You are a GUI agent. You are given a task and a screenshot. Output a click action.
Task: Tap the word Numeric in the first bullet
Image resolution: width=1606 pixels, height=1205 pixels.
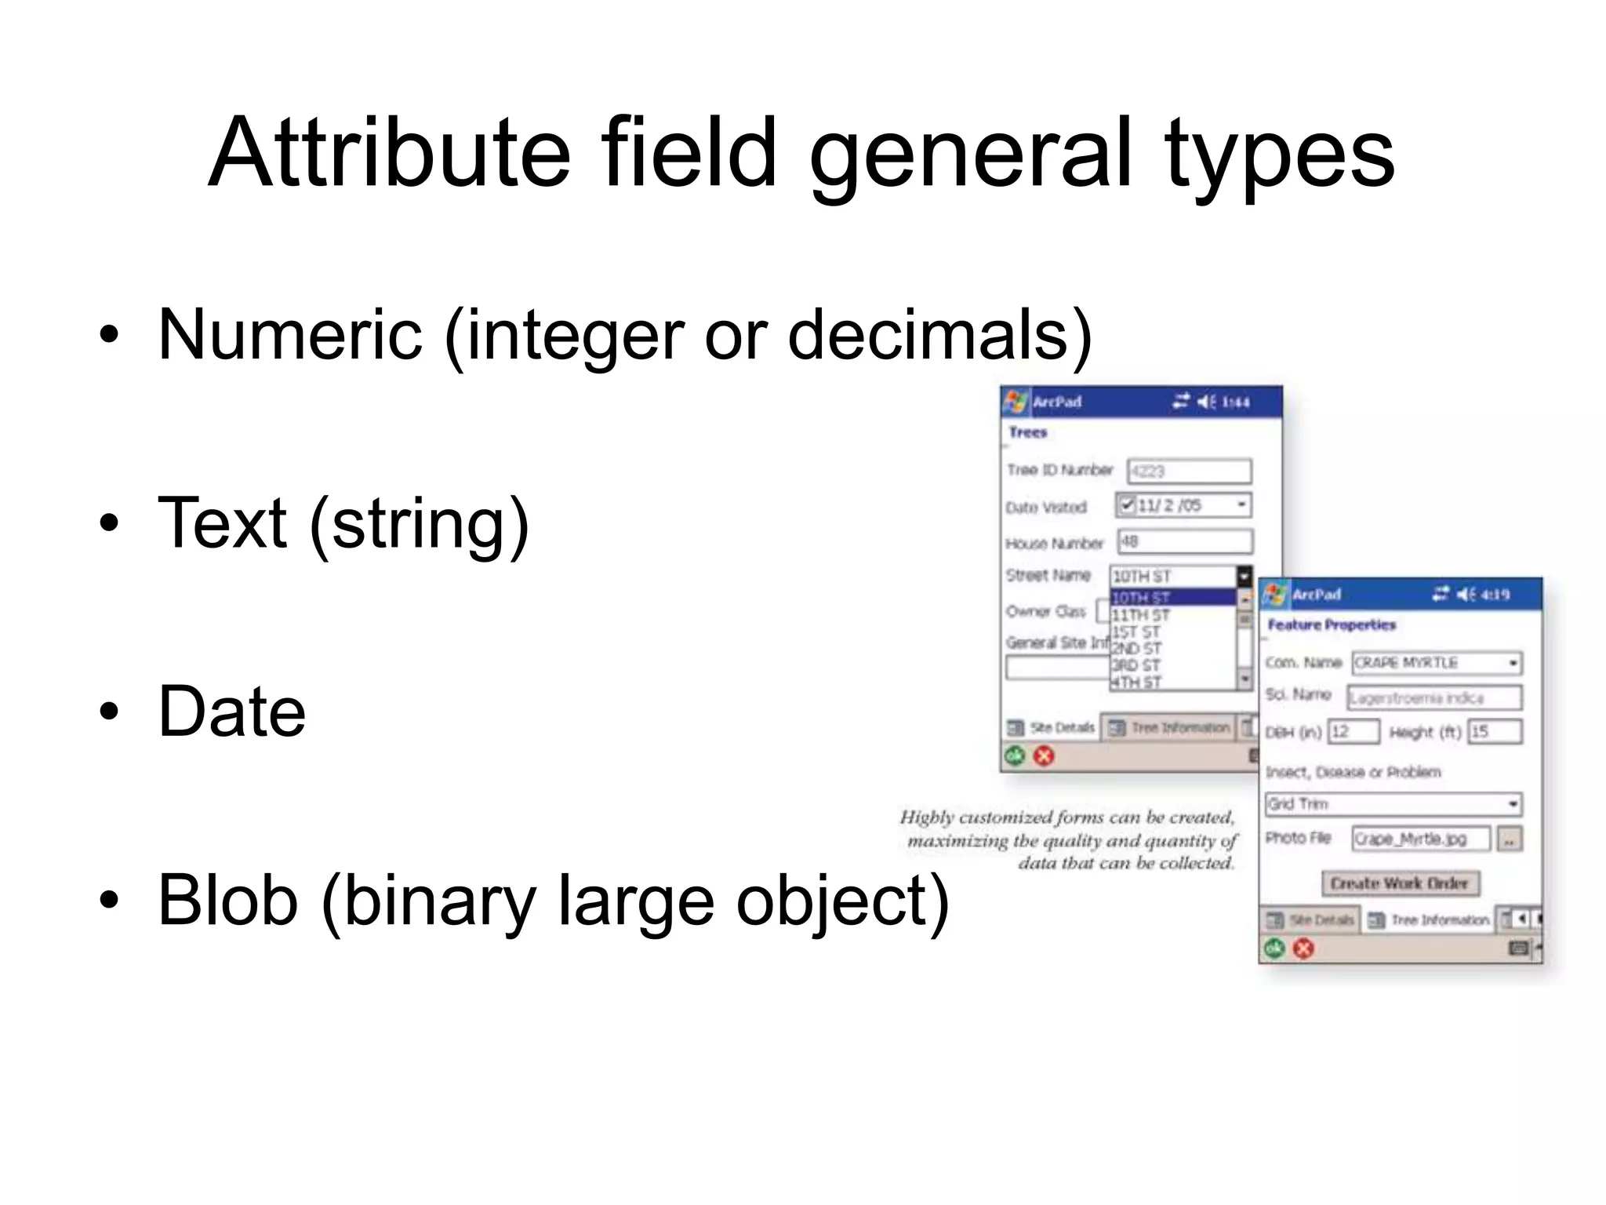[x=290, y=335]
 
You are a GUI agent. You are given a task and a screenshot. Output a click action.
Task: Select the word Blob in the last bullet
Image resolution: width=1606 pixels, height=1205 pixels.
[x=227, y=901]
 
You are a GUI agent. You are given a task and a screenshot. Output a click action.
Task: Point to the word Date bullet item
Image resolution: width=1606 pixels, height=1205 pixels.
[x=231, y=712]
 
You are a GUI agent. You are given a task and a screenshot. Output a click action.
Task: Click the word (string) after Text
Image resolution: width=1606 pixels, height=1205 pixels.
[x=420, y=524]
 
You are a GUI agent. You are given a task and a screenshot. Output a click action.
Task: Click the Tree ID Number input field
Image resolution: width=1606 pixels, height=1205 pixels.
[x=1189, y=471]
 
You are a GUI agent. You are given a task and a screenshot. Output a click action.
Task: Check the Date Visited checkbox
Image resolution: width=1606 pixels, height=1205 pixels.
[x=1127, y=504]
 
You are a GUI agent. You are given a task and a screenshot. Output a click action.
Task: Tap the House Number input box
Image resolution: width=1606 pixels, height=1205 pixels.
[x=1185, y=541]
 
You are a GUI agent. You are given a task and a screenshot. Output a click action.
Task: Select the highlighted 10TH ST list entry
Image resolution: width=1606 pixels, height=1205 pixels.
[x=1172, y=598]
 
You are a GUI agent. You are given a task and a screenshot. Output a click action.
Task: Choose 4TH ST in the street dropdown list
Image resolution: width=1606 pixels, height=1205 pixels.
[x=1137, y=683]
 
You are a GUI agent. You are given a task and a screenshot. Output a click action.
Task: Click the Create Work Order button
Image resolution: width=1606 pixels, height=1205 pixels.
[x=1400, y=883]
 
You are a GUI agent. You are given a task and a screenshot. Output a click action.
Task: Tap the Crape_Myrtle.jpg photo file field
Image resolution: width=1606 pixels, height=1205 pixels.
[x=1420, y=839]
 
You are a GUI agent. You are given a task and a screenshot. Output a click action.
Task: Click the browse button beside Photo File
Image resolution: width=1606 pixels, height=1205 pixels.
[x=1510, y=839]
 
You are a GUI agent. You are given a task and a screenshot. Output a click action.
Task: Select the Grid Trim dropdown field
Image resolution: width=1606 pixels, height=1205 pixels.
[x=1393, y=804]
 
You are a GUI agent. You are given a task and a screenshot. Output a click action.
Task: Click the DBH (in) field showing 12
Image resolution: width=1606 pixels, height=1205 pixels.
[x=1353, y=732]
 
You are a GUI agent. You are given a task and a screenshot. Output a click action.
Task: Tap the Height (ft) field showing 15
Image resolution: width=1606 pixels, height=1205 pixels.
[x=1495, y=732]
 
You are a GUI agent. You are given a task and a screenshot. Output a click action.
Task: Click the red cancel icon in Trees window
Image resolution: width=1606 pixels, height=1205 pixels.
[x=1044, y=756]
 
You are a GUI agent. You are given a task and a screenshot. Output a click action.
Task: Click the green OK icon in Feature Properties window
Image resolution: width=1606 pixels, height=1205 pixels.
[x=1274, y=949]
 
